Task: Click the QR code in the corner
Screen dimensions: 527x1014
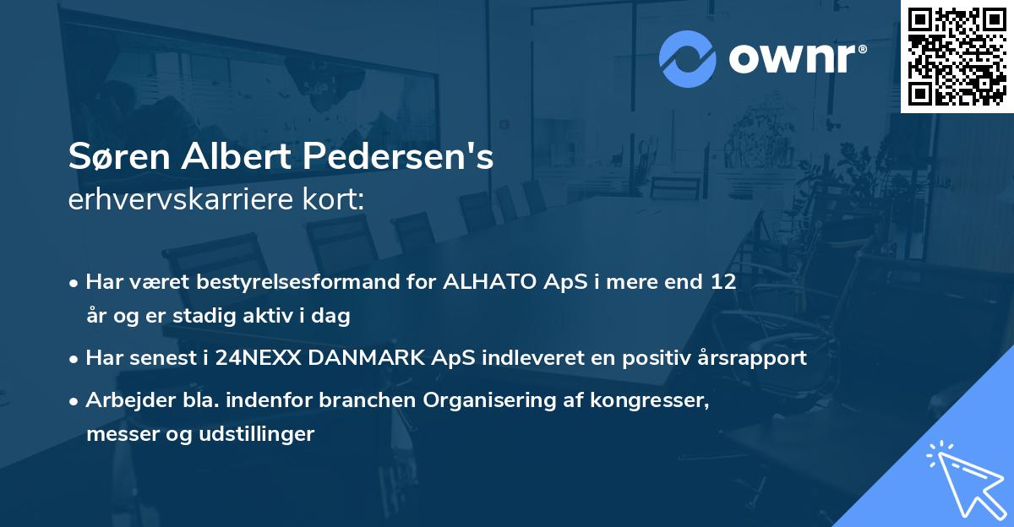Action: [x=957, y=56]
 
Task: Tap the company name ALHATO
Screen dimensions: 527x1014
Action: [x=491, y=282]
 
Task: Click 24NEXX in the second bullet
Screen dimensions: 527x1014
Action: [x=256, y=358]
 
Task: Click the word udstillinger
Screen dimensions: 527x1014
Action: [x=259, y=434]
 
